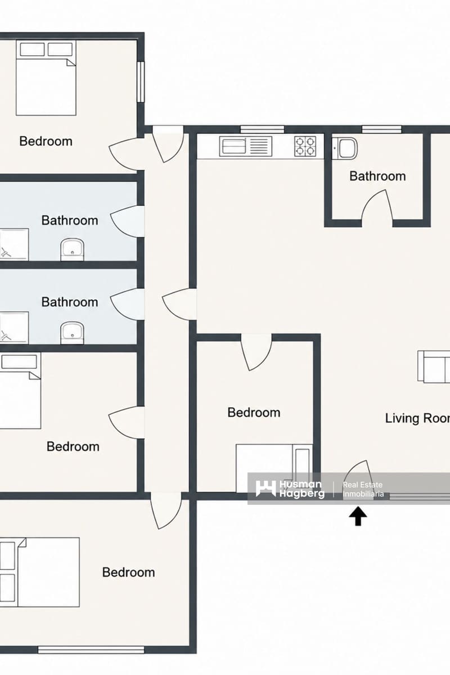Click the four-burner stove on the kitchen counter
(305, 146)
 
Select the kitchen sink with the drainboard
(246, 146)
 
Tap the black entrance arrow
(358, 516)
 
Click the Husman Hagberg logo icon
(265, 489)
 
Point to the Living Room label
(417, 418)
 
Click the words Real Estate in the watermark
(363, 484)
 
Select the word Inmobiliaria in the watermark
(363, 494)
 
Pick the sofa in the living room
(434, 367)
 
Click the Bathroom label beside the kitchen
(377, 176)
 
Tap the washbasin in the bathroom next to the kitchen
(344, 148)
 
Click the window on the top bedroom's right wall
(141, 82)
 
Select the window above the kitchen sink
(262, 129)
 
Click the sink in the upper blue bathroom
(73, 249)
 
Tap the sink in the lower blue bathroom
(73, 332)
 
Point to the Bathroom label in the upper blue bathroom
(70, 220)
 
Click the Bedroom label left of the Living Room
(254, 412)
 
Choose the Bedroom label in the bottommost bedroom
(128, 572)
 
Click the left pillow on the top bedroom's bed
(32, 49)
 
